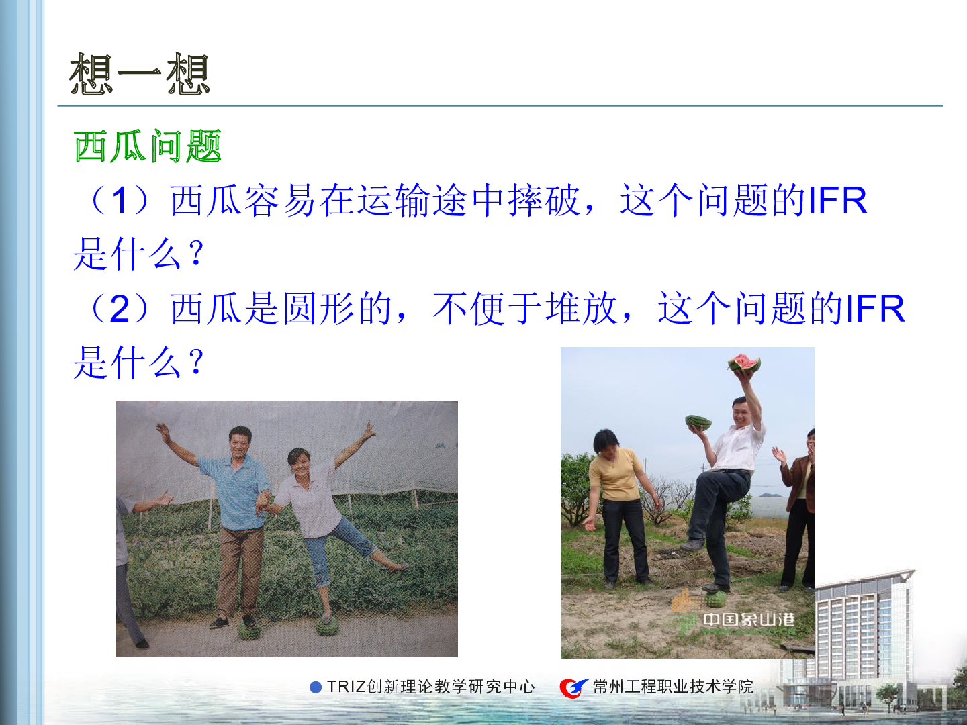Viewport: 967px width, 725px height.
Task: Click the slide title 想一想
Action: click(139, 74)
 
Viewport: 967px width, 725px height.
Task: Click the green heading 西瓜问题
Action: click(148, 146)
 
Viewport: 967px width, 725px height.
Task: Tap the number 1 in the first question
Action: click(120, 200)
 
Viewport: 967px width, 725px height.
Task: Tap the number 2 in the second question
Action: click(120, 309)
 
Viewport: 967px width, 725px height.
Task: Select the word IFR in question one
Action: click(837, 200)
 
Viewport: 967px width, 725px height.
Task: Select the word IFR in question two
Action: click(875, 309)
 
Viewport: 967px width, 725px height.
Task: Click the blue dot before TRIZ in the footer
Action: click(316, 687)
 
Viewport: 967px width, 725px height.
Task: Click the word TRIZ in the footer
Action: click(347, 687)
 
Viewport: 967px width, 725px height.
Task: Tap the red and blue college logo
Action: click(573, 687)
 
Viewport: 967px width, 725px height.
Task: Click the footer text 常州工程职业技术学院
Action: click(673, 687)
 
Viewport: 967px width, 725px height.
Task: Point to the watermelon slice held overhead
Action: click(744, 363)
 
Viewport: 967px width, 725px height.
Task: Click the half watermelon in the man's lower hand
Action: click(698, 422)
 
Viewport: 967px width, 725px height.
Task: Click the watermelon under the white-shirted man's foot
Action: click(717, 599)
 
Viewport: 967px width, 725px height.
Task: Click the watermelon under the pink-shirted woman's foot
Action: click(328, 625)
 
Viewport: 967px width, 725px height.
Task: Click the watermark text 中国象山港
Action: click(749, 620)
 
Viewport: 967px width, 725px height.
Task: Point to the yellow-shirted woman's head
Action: click(606, 442)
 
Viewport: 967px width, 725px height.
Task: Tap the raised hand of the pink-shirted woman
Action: click(369, 432)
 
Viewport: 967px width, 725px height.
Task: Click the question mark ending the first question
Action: click(196, 254)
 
